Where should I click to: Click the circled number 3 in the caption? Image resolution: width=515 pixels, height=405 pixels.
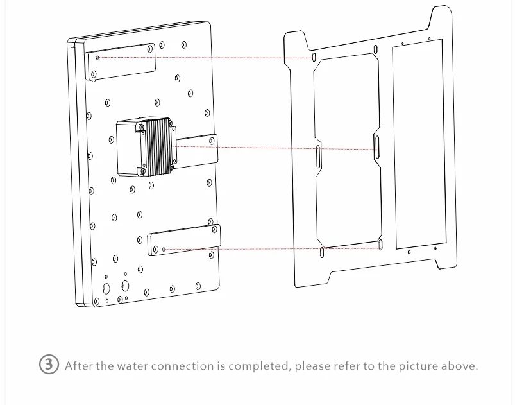coord(49,364)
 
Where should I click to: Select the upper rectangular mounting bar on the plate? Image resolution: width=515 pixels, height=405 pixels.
coord(120,62)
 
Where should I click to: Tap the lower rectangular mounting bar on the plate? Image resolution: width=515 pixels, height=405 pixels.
coord(184,240)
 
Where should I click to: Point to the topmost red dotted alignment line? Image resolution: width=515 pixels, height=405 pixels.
coord(206,58)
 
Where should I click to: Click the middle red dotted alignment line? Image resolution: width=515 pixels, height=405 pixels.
coord(274,148)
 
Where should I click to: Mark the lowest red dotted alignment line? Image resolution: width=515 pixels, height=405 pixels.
coord(273,249)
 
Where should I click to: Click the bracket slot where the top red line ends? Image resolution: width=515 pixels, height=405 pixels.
coord(314,57)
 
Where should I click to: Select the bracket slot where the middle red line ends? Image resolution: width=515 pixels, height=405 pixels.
coord(377,147)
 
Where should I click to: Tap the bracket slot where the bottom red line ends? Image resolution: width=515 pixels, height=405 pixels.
coord(381,245)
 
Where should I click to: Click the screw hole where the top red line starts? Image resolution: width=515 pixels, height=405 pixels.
coord(97,58)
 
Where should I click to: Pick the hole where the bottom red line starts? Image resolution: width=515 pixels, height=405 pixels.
coord(164,249)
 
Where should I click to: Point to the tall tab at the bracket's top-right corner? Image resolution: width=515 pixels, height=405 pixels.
coord(442,19)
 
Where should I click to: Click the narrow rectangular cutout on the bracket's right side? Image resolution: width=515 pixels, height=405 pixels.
coord(419,144)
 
